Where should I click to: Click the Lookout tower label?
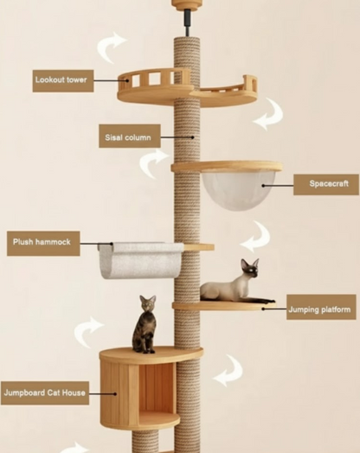coord(63,80)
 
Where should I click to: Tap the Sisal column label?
coord(130,136)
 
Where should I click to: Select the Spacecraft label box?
coord(326,184)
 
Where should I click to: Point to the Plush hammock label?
coord(43,243)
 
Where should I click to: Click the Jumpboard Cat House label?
coord(45,392)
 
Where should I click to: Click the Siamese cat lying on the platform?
coord(235,284)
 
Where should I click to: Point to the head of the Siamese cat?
coord(250,268)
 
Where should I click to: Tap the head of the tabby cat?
coord(148,303)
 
